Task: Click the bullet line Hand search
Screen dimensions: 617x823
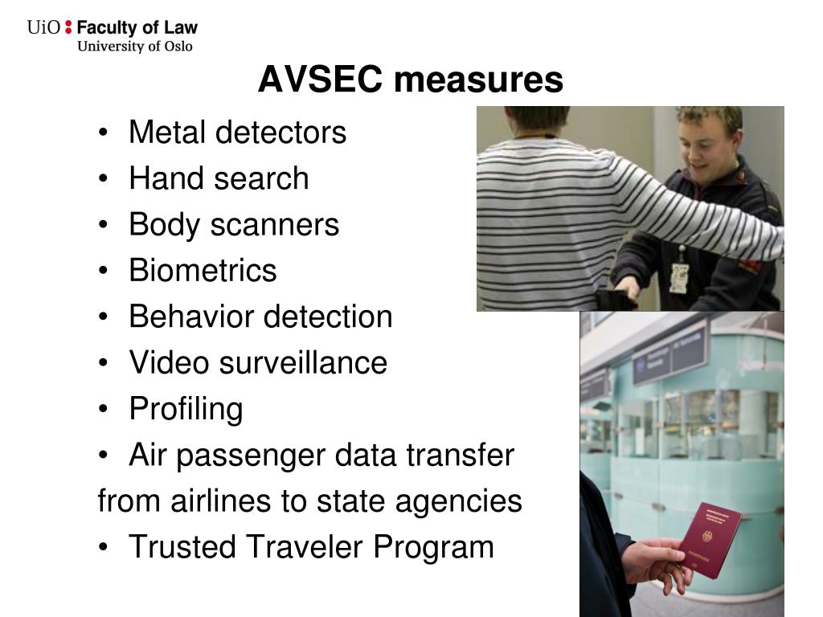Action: pyautogui.click(x=219, y=178)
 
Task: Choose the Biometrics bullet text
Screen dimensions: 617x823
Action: pyautogui.click(x=203, y=271)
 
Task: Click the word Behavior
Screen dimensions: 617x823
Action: pyautogui.click(x=190, y=317)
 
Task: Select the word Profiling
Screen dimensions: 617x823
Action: pyautogui.click(x=186, y=409)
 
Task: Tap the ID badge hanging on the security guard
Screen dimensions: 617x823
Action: pyautogui.click(x=679, y=277)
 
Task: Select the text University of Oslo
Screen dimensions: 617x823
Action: pyautogui.click(x=135, y=46)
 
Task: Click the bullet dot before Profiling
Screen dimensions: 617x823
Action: pyautogui.click(x=108, y=410)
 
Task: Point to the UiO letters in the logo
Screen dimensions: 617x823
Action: pyautogui.click(x=43, y=27)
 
